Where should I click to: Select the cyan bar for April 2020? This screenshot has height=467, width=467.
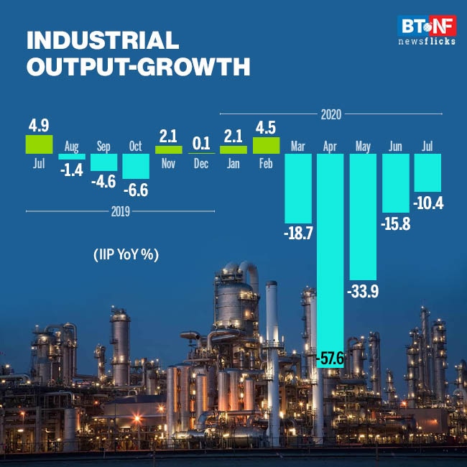330,251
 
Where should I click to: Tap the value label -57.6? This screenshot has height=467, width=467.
330,356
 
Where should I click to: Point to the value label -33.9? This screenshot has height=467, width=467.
363,292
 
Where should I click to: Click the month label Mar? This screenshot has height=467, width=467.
298,147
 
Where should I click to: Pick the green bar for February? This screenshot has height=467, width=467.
266,144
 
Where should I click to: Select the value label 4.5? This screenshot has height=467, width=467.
266,127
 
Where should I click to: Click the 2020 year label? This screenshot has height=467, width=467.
331,114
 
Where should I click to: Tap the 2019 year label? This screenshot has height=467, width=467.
119,211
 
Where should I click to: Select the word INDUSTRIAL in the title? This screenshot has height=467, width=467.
102,40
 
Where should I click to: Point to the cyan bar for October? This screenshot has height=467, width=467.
136,167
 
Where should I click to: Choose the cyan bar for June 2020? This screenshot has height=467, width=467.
395,183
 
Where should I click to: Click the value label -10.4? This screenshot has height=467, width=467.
428,203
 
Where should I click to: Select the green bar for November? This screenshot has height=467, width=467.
169,149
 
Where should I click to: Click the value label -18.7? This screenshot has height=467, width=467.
298,233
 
